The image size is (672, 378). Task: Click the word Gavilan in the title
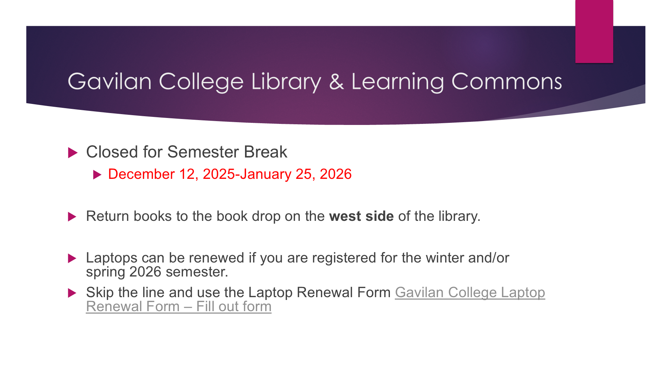click(x=110, y=82)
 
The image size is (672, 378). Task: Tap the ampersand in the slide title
click(x=336, y=82)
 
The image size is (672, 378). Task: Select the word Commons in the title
click(x=506, y=82)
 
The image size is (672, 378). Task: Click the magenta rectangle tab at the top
click(x=594, y=31)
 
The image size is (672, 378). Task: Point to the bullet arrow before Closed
click(x=72, y=153)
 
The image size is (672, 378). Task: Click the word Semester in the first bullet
click(x=205, y=152)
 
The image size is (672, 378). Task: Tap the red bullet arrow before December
click(x=97, y=175)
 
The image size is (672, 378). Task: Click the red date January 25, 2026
click(x=296, y=174)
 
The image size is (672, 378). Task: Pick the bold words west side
click(x=362, y=216)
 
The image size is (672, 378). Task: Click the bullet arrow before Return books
click(x=72, y=217)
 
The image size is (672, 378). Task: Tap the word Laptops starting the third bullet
click(x=112, y=258)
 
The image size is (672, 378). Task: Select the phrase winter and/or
click(x=468, y=258)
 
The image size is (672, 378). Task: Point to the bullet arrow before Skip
click(x=72, y=293)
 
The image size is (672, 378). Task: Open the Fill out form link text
click(x=234, y=307)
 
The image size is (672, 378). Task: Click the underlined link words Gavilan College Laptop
click(x=470, y=293)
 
